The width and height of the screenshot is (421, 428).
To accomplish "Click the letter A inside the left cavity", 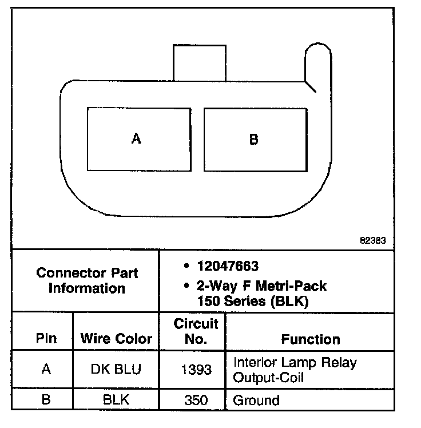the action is (136, 138).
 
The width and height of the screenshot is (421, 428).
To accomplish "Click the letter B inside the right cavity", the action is (253, 139).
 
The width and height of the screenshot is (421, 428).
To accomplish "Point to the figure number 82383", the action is (373, 241).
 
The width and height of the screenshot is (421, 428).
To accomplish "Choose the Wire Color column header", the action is (116, 339).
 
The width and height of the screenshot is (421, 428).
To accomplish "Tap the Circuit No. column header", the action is (196, 331).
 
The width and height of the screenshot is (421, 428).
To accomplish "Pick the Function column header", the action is (311, 339).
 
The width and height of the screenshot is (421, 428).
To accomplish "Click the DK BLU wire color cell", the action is (116, 369).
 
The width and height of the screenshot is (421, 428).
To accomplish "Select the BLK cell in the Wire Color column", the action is (116, 399).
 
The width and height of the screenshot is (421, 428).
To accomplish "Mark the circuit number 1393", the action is (196, 369).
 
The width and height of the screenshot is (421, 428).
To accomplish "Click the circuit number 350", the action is (196, 399).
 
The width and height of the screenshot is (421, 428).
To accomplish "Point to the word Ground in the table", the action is (256, 399).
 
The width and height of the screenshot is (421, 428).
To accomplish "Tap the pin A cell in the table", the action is (46, 369).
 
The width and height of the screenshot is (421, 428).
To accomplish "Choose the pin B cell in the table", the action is (46, 399).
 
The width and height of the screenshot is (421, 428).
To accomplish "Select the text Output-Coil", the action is (268, 378).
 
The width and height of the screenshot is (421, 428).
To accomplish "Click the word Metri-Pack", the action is (293, 284).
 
